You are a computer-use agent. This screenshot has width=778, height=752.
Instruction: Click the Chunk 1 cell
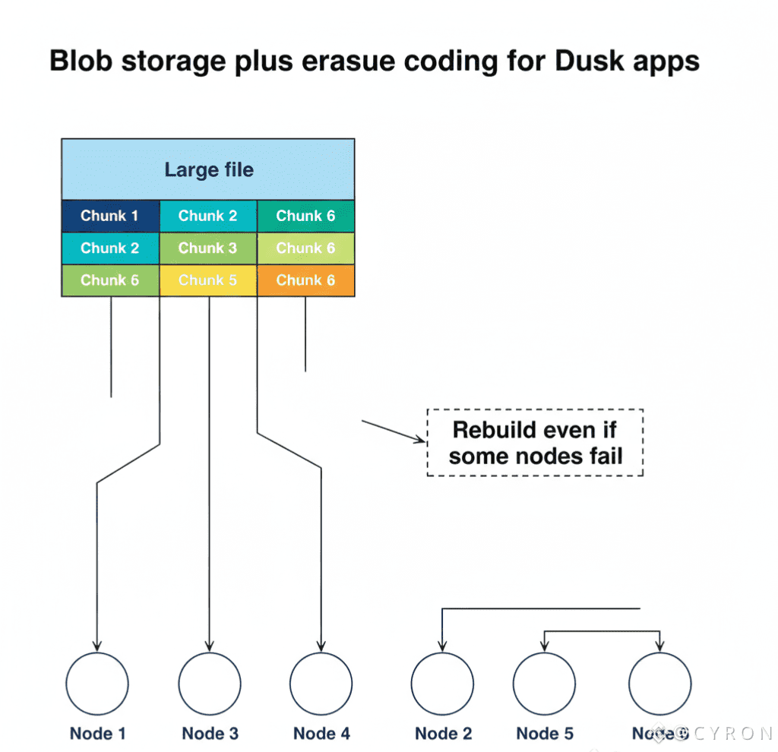click(110, 216)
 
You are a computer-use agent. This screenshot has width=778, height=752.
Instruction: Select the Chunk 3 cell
click(208, 248)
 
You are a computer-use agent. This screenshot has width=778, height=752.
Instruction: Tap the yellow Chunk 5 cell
click(208, 280)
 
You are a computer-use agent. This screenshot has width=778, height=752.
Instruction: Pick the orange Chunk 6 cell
click(306, 280)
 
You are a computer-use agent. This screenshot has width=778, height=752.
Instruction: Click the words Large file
click(209, 169)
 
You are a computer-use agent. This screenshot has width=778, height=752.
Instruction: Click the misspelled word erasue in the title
click(349, 61)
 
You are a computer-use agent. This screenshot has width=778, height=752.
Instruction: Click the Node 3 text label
click(210, 734)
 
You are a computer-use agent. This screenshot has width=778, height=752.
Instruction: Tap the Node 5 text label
click(545, 734)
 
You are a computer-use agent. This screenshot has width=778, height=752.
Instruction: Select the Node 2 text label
click(444, 734)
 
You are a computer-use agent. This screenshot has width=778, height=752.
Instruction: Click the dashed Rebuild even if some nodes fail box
click(535, 443)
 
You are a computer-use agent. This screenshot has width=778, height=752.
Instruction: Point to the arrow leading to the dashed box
click(392, 431)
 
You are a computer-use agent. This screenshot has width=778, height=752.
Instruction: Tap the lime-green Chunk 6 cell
click(306, 248)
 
